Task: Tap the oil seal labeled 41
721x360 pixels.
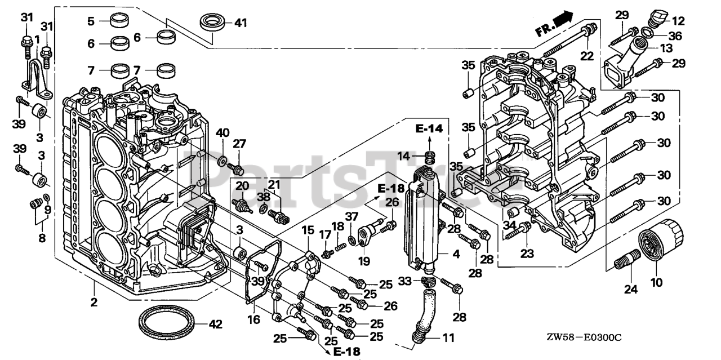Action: pos(213,23)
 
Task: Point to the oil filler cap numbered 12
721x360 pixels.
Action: pos(657,17)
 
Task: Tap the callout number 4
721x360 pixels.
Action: pos(456,254)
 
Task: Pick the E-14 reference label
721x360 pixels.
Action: pos(430,130)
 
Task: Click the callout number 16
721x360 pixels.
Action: pos(253,319)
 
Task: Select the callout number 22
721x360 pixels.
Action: pos(588,55)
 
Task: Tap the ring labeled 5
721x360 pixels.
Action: pos(119,21)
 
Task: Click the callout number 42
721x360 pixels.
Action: pos(215,325)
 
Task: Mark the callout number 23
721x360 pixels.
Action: pos(526,254)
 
